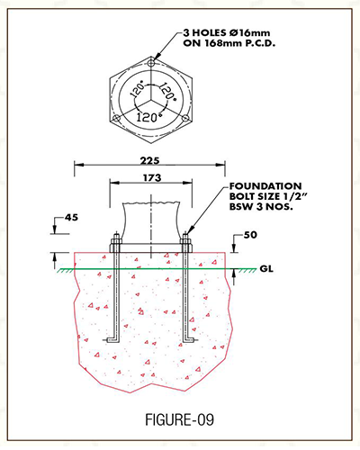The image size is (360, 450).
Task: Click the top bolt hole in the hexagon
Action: (x=151, y=63)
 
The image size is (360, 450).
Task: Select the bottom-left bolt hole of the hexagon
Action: (x=116, y=119)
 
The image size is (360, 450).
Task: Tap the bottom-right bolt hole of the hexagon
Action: (x=185, y=119)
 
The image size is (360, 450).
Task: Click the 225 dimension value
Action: (x=149, y=160)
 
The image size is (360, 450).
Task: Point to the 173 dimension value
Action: (x=152, y=178)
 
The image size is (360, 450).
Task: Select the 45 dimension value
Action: (x=71, y=217)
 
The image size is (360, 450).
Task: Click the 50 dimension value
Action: (x=250, y=235)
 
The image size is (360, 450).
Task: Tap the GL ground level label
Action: (x=266, y=269)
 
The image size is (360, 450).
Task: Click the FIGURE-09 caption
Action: (x=179, y=419)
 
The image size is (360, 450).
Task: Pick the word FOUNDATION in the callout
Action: (x=265, y=186)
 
